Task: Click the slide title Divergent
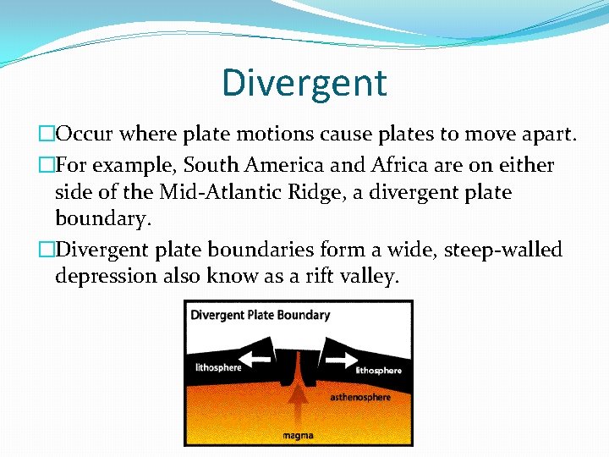(x=304, y=83)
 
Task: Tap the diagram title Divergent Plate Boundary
(x=260, y=316)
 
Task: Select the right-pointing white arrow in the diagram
(x=339, y=360)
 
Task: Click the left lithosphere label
(x=217, y=367)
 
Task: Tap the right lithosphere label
(x=378, y=371)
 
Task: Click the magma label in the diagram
(x=298, y=436)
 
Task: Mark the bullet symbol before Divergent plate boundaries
(x=47, y=250)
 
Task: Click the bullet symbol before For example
(x=47, y=164)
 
